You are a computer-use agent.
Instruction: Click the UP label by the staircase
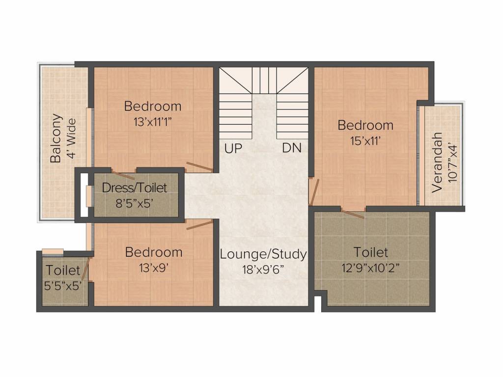click(x=233, y=148)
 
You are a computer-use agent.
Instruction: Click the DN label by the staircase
click(x=292, y=148)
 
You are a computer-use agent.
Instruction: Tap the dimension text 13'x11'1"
click(x=153, y=122)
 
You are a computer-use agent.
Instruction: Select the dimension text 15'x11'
click(x=365, y=141)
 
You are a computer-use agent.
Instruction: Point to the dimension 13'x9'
click(x=154, y=268)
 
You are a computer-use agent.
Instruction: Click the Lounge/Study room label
click(x=263, y=254)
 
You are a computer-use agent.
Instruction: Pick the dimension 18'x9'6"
click(x=263, y=269)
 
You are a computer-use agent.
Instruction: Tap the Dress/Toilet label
click(x=135, y=188)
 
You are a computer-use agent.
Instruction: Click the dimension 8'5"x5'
click(x=135, y=203)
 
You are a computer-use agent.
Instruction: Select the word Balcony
click(x=56, y=138)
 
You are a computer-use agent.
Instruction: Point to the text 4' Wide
click(x=72, y=138)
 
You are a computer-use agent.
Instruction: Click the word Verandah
click(x=437, y=162)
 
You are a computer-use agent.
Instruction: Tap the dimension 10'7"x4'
click(x=452, y=162)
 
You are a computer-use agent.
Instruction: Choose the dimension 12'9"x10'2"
click(x=370, y=268)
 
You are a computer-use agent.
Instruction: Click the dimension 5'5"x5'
click(x=63, y=286)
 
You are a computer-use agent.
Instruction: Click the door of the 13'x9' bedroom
click(x=199, y=224)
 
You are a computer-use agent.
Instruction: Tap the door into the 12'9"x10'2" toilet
click(x=353, y=214)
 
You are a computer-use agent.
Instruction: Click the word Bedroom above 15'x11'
click(x=365, y=125)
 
